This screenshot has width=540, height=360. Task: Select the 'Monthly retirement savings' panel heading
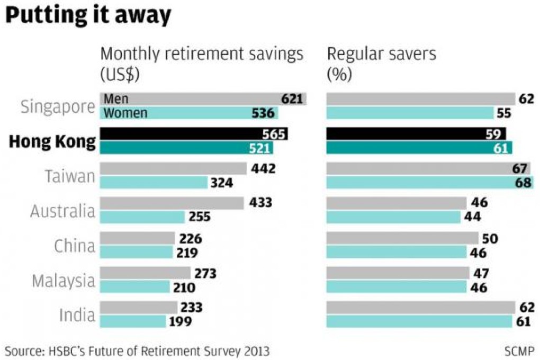[x=202, y=55]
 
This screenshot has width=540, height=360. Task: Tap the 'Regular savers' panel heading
[x=381, y=55]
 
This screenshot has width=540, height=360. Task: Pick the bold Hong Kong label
[x=53, y=142]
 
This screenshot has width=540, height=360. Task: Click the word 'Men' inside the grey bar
[x=116, y=98]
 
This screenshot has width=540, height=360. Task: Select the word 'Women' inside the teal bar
[x=126, y=113]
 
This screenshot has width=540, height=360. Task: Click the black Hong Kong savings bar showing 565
[x=194, y=134]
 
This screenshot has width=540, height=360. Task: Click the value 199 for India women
[x=181, y=321]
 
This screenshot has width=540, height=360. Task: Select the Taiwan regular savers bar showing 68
[x=429, y=182]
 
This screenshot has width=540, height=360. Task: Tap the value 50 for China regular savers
[x=490, y=239]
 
